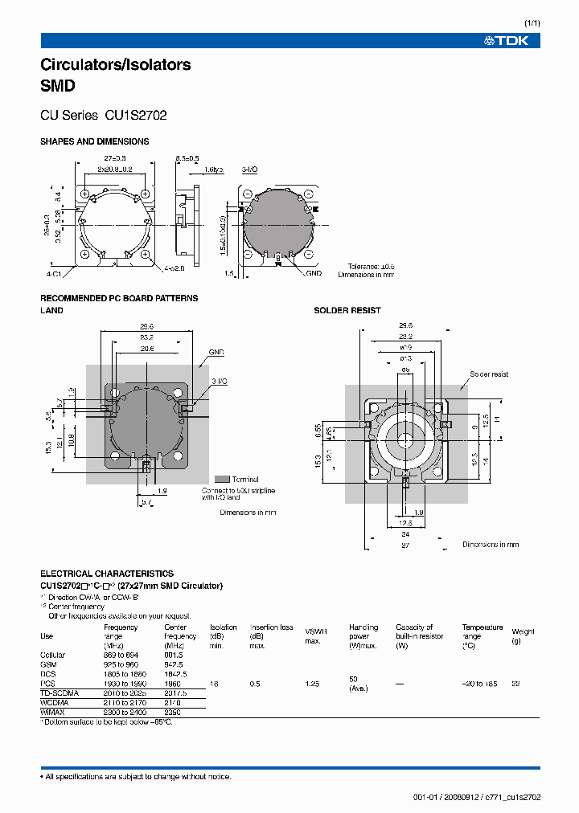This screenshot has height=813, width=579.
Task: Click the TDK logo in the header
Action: (x=506, y=41)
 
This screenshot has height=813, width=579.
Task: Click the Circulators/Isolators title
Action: (x=115, y=65)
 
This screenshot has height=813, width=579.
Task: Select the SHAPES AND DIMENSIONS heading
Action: (x=94, y=141)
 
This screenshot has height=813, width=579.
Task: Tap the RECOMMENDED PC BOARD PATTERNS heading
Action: (x=119, y=298)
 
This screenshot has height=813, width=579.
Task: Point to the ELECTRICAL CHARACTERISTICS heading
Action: (x=106, y=574)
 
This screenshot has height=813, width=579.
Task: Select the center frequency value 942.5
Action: (x=175, y=665)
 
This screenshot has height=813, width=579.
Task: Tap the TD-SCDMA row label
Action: (x=60, y=692)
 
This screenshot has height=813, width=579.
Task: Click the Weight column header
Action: (x=523, y=631)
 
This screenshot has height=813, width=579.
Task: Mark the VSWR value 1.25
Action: (x=311, y=684)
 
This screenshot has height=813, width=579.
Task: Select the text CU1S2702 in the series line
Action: (x=136, y=116)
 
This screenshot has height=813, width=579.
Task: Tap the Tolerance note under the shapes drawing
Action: (x=371, y=266)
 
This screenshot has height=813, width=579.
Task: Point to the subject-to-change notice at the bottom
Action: (x=136, y=777)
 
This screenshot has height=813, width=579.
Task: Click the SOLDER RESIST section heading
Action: (x=347, y=310)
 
